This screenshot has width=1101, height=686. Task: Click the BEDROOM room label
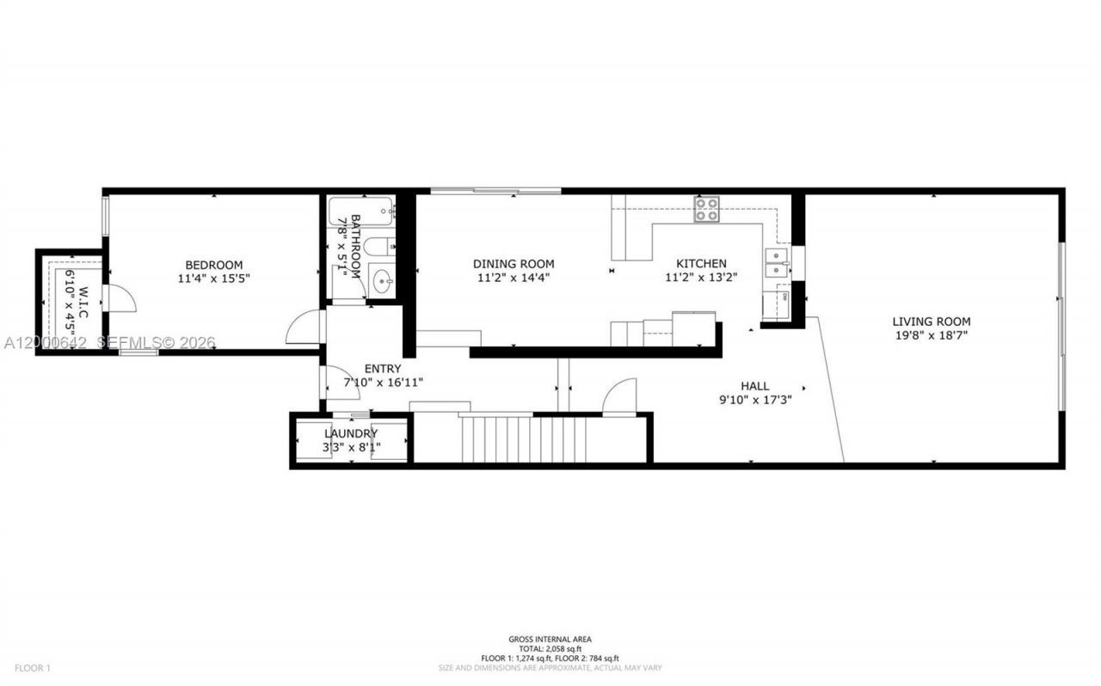(x=213, y=265)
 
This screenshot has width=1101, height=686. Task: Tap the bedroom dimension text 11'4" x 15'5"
(x=213, y=279)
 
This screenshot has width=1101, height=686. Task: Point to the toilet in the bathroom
(x=378, y=248)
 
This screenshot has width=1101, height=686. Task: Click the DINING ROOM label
(x=514, y=264)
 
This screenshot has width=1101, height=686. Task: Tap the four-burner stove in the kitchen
(x=706, y=210)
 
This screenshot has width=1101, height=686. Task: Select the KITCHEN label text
(x=701, y=264)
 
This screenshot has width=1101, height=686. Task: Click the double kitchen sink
(x=777, y=263)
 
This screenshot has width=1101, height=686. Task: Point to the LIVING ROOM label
(x=931, y=322)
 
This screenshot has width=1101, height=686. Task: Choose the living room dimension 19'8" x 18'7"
(x=931, y=335)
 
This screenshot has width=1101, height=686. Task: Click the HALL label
(x=754, y=386)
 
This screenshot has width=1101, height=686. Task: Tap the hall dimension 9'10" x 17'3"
(x=754, y=400)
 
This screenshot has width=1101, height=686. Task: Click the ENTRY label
(x=383, y=369)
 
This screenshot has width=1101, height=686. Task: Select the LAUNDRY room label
(x=351, y=433)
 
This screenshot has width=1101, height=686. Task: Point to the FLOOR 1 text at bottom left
(x=32, y=668)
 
